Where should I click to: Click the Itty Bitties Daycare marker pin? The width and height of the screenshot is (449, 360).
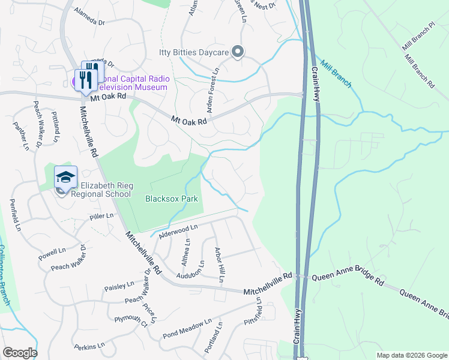[x=238, y=52]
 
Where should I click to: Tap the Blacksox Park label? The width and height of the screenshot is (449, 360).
[x=172, y=198]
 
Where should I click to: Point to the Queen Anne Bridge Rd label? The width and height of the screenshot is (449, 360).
[x=346, y=279]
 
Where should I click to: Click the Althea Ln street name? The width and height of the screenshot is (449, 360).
[x=186, y=252]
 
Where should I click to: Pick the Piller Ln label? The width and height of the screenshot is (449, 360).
[x=101, y=215]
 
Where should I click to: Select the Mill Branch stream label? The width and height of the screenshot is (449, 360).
[x=336, y=74]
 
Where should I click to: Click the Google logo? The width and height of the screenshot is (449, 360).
[x=19, y=353]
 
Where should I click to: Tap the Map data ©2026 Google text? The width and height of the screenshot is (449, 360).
[x=411, y=355]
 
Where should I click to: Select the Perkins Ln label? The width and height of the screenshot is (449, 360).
[x=89, y=346]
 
